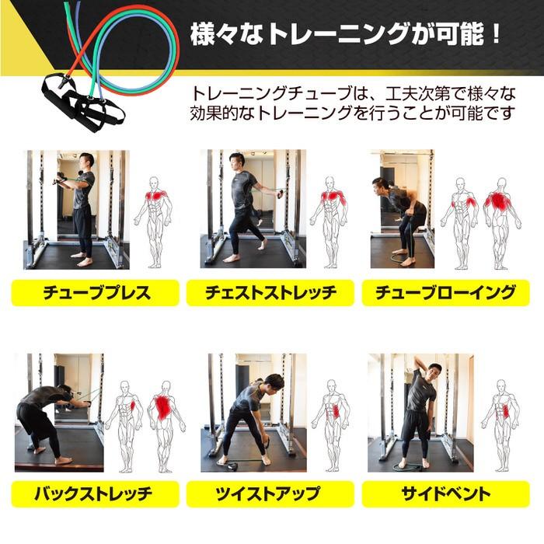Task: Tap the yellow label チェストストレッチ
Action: [x=270, y=293]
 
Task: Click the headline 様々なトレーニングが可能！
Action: [x=347, y=34]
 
